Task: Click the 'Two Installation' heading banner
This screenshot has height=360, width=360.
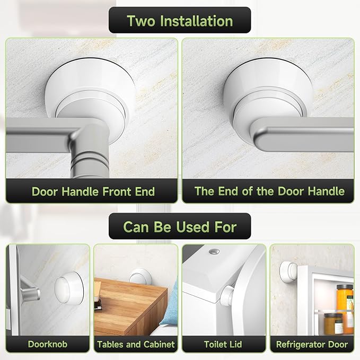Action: point(180,21)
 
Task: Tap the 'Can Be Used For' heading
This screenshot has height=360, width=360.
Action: point(180,227)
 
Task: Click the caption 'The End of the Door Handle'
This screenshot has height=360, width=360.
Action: point(269,191)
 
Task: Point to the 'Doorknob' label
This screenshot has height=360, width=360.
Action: point(47,344)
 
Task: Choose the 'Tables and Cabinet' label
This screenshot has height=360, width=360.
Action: point(136,344)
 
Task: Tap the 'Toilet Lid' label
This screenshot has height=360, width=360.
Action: point(223,344)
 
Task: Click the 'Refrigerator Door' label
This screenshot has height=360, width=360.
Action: point(312,344)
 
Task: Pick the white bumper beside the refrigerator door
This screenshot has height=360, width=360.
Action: point(288,273)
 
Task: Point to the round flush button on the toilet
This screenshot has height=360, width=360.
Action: point(214,250)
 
